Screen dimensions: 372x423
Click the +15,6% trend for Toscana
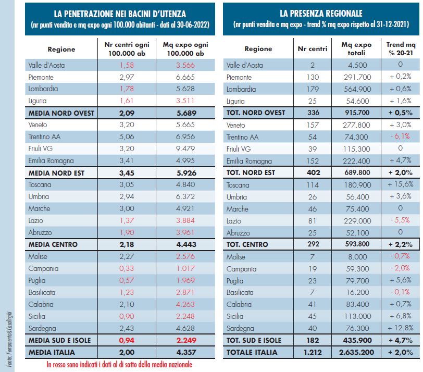coord(400,185)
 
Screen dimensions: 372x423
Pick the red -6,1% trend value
coord(400,137)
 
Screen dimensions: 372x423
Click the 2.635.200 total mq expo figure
coord(357,353)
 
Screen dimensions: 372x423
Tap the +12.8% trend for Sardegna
coord(400,329)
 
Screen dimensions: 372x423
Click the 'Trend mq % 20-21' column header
coord(400,48)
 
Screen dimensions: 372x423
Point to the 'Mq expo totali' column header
coord(357,48)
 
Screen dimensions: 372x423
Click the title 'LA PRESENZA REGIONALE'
coord(321,14)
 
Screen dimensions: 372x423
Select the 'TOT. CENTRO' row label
coord(248,245)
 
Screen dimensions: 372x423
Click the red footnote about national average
coord(119,365)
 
